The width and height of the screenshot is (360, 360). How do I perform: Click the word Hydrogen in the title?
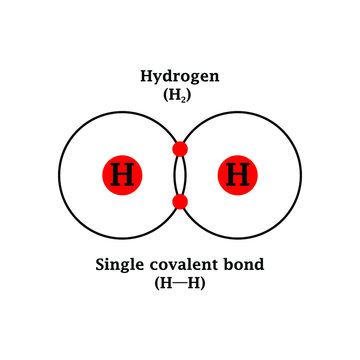[x=179, y=76]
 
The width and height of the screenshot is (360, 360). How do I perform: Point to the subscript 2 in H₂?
[x=186, y=98]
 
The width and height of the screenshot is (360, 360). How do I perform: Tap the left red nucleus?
[x=122, y=176]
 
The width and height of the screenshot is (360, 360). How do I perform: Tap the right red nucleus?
[x=237, y=176]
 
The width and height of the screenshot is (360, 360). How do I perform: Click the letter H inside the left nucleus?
[x=122, y=176]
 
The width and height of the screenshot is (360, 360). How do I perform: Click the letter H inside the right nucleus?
[x=237, y=176]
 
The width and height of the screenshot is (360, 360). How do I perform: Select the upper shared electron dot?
[x=180, y=150]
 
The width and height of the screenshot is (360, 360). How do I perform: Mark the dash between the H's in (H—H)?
[x=180, y=284]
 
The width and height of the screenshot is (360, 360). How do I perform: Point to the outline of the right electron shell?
[x=301, y=176]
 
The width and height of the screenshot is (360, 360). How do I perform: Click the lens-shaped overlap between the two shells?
[x=180, y=176]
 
